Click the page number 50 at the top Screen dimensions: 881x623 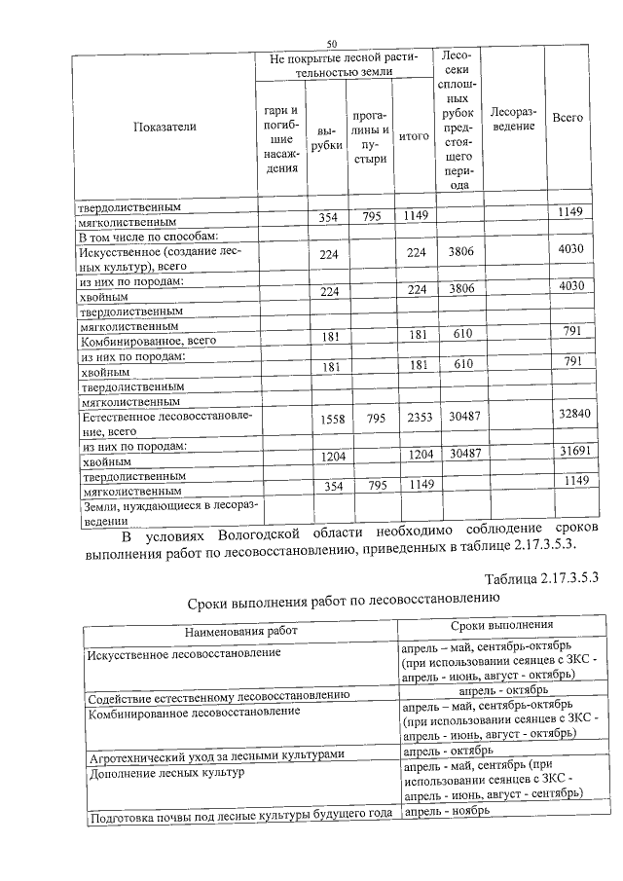[x=331, y=44]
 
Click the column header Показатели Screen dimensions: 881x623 [x=165, y=127]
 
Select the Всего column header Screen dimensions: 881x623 [x=568, y=117]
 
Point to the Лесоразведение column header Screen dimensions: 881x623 [x=512, y=118]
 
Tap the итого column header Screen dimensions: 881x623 [x=414, y=137]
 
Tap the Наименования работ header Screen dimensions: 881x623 [x=240, y=630]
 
